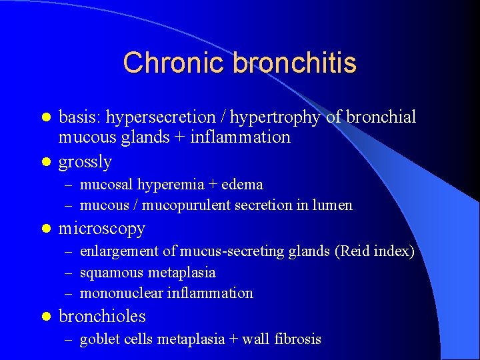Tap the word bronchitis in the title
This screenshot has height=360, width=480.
pos(295,63)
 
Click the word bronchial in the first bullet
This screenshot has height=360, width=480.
pos(380,117)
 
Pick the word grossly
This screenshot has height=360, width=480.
pos(85,162)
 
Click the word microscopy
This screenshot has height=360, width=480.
pos(102,229)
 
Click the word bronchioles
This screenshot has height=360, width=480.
pos(102,316)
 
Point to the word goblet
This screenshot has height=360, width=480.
pos(97,339)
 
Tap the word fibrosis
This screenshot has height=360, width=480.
pos(298,339)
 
